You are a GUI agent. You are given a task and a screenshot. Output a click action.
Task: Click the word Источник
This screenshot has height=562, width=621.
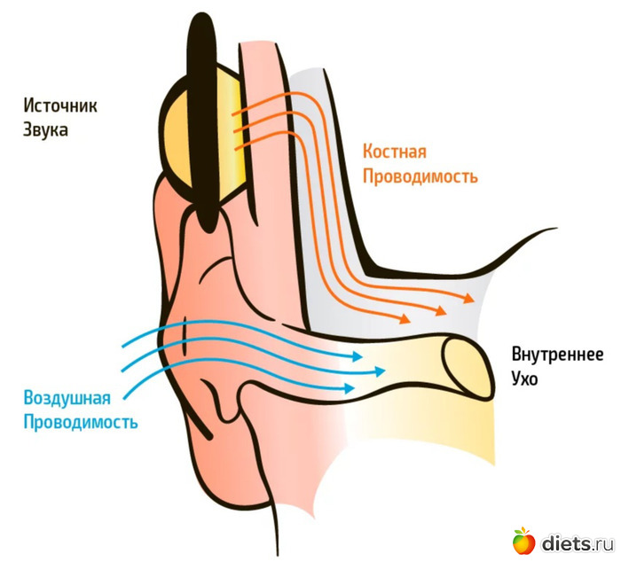click(x=59, y=105)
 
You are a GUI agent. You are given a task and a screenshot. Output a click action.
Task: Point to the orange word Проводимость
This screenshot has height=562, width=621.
click(x=420, y=176)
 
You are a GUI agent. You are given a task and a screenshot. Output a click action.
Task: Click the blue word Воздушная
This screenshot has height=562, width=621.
click(x=68, y=397)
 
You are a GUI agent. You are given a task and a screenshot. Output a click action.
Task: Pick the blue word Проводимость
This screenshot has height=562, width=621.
click(x=81, y=421)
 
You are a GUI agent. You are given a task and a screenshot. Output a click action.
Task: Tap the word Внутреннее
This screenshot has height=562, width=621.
click(x=557, y=355)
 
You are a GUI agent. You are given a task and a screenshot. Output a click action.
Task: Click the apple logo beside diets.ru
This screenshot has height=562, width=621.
click(x=523, y=540)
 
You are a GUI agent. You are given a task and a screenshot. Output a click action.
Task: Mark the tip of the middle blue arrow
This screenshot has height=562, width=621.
click(x=373, y=371)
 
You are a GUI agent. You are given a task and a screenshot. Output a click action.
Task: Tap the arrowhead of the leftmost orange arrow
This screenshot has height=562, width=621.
click(x=409, y=318)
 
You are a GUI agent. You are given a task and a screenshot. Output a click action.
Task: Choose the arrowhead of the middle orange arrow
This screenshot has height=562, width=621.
click(x=443, y=309)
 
